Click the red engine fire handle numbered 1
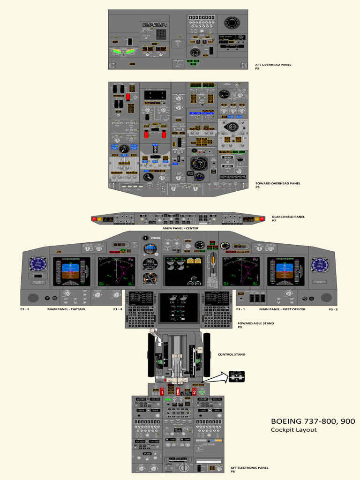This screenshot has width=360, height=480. [162, 391]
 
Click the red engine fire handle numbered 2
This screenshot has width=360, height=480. [194, 391]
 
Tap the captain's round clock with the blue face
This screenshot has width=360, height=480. [38, 265]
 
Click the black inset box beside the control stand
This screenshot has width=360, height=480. [236, 376]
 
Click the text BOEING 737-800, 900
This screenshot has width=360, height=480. [313, 421]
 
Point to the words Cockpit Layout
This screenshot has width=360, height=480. [293, 430]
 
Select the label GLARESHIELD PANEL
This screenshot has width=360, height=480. [288, 217]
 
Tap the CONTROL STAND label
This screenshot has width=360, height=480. [232, 354]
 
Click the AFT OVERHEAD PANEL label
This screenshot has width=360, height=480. [273, 65]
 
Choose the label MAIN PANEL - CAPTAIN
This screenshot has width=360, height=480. [66, 309]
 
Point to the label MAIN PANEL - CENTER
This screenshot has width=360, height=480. [180, 228]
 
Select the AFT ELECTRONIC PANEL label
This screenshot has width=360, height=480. [249, 467]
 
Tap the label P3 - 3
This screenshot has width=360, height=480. [333, 309]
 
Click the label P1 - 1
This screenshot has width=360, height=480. [24, 309]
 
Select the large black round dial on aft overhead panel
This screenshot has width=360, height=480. [231, 22]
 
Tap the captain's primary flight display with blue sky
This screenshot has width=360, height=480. [71, 271]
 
